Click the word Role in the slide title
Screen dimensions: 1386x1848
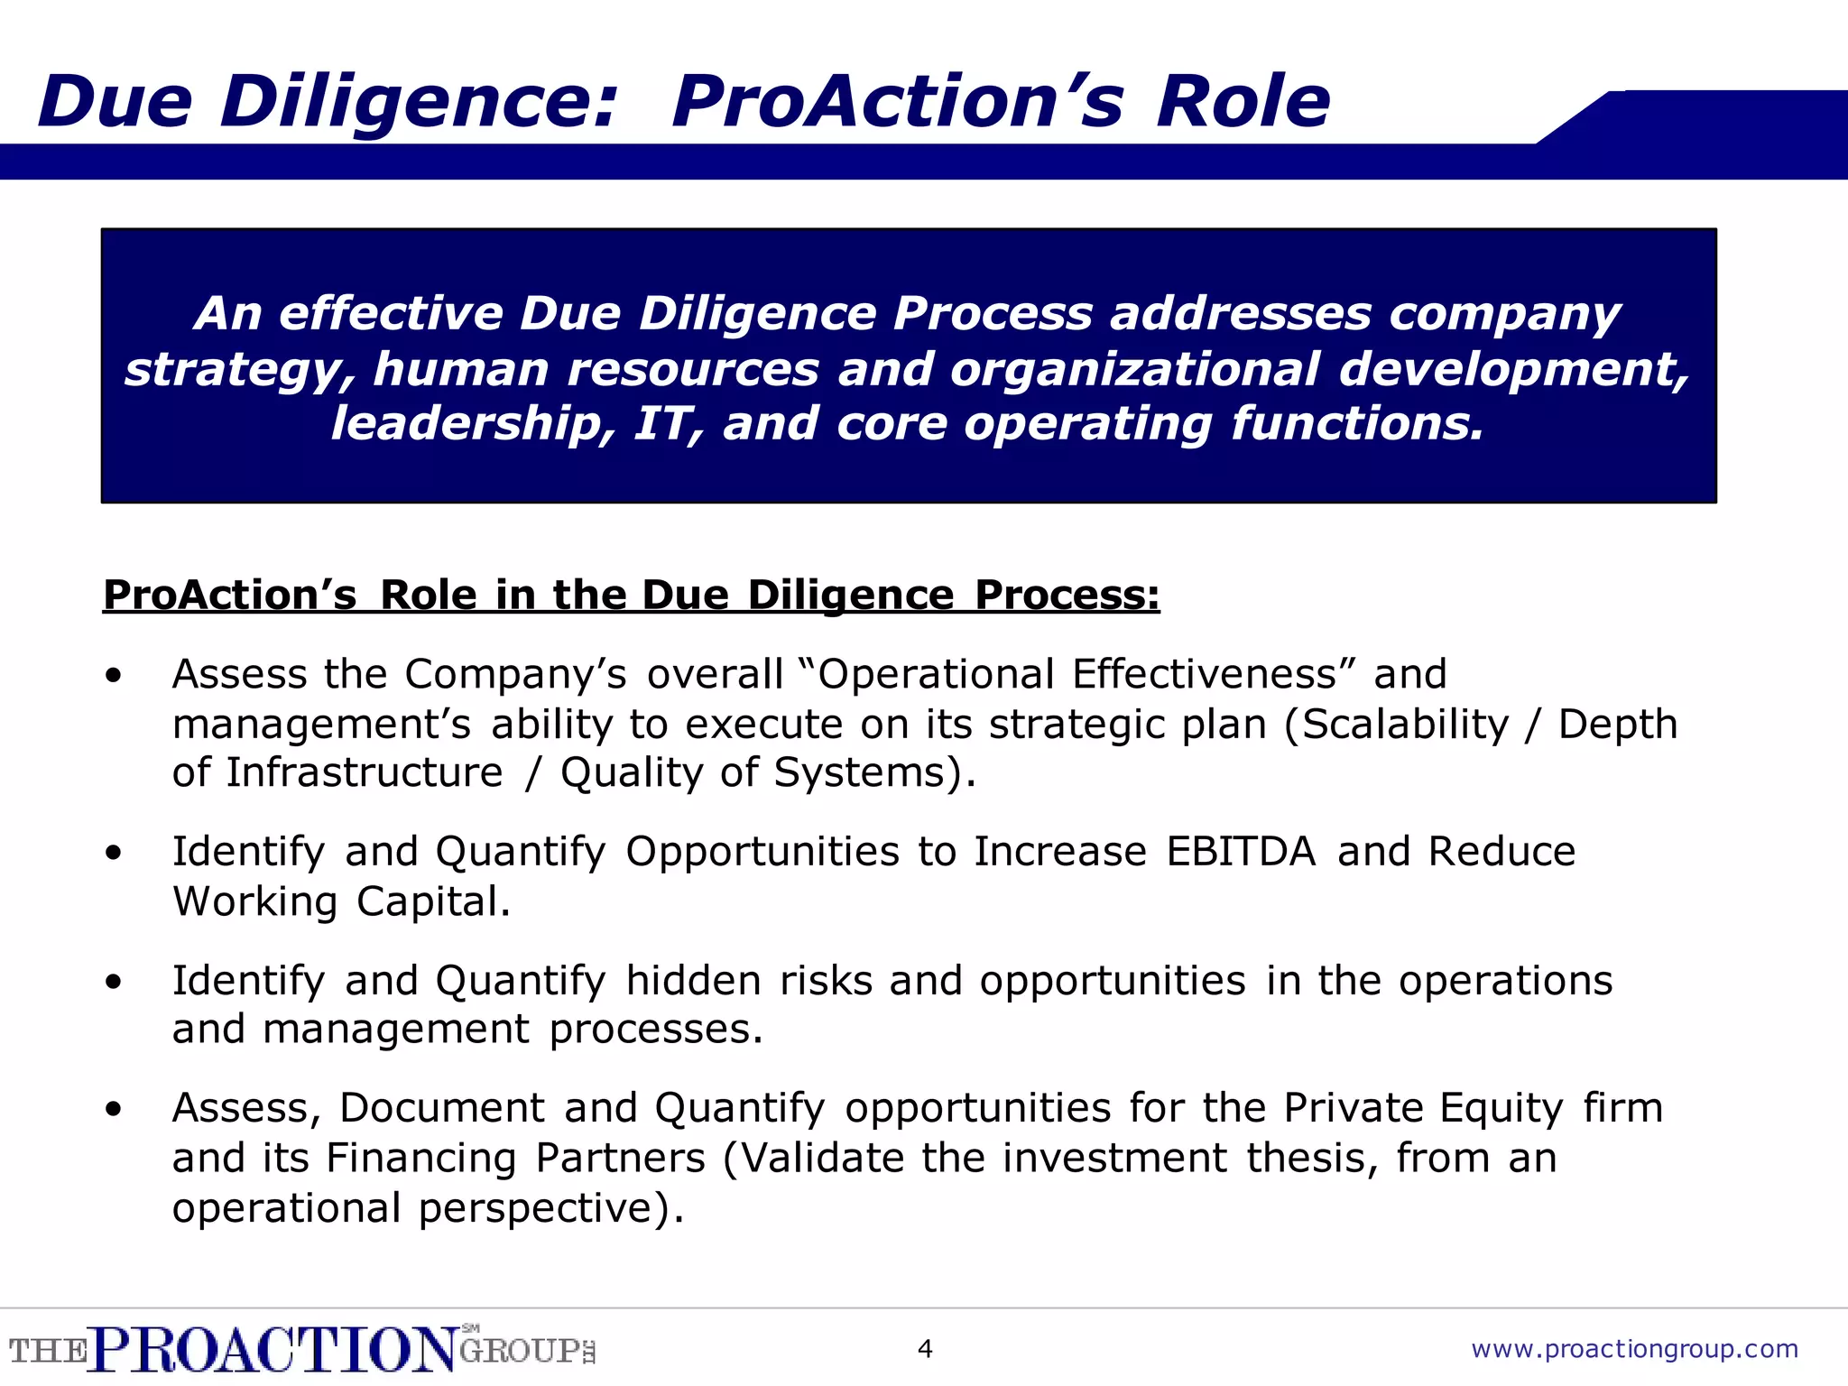1243,101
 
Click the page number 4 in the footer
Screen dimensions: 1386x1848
924,1349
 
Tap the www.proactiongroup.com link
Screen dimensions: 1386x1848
1634,1349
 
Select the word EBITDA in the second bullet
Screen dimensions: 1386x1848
1241,852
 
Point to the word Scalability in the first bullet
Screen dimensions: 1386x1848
1405,725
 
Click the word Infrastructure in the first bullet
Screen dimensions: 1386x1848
365,773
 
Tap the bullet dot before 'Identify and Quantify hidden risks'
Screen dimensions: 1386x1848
113,982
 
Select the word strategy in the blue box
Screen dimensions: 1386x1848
239,370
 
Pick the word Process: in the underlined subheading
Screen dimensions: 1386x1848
1067,596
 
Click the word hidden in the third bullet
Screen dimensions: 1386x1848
693,981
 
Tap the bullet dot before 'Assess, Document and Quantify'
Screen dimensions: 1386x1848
113,1109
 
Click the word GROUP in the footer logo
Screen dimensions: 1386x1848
520,1351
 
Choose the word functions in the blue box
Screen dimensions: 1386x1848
1357,424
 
